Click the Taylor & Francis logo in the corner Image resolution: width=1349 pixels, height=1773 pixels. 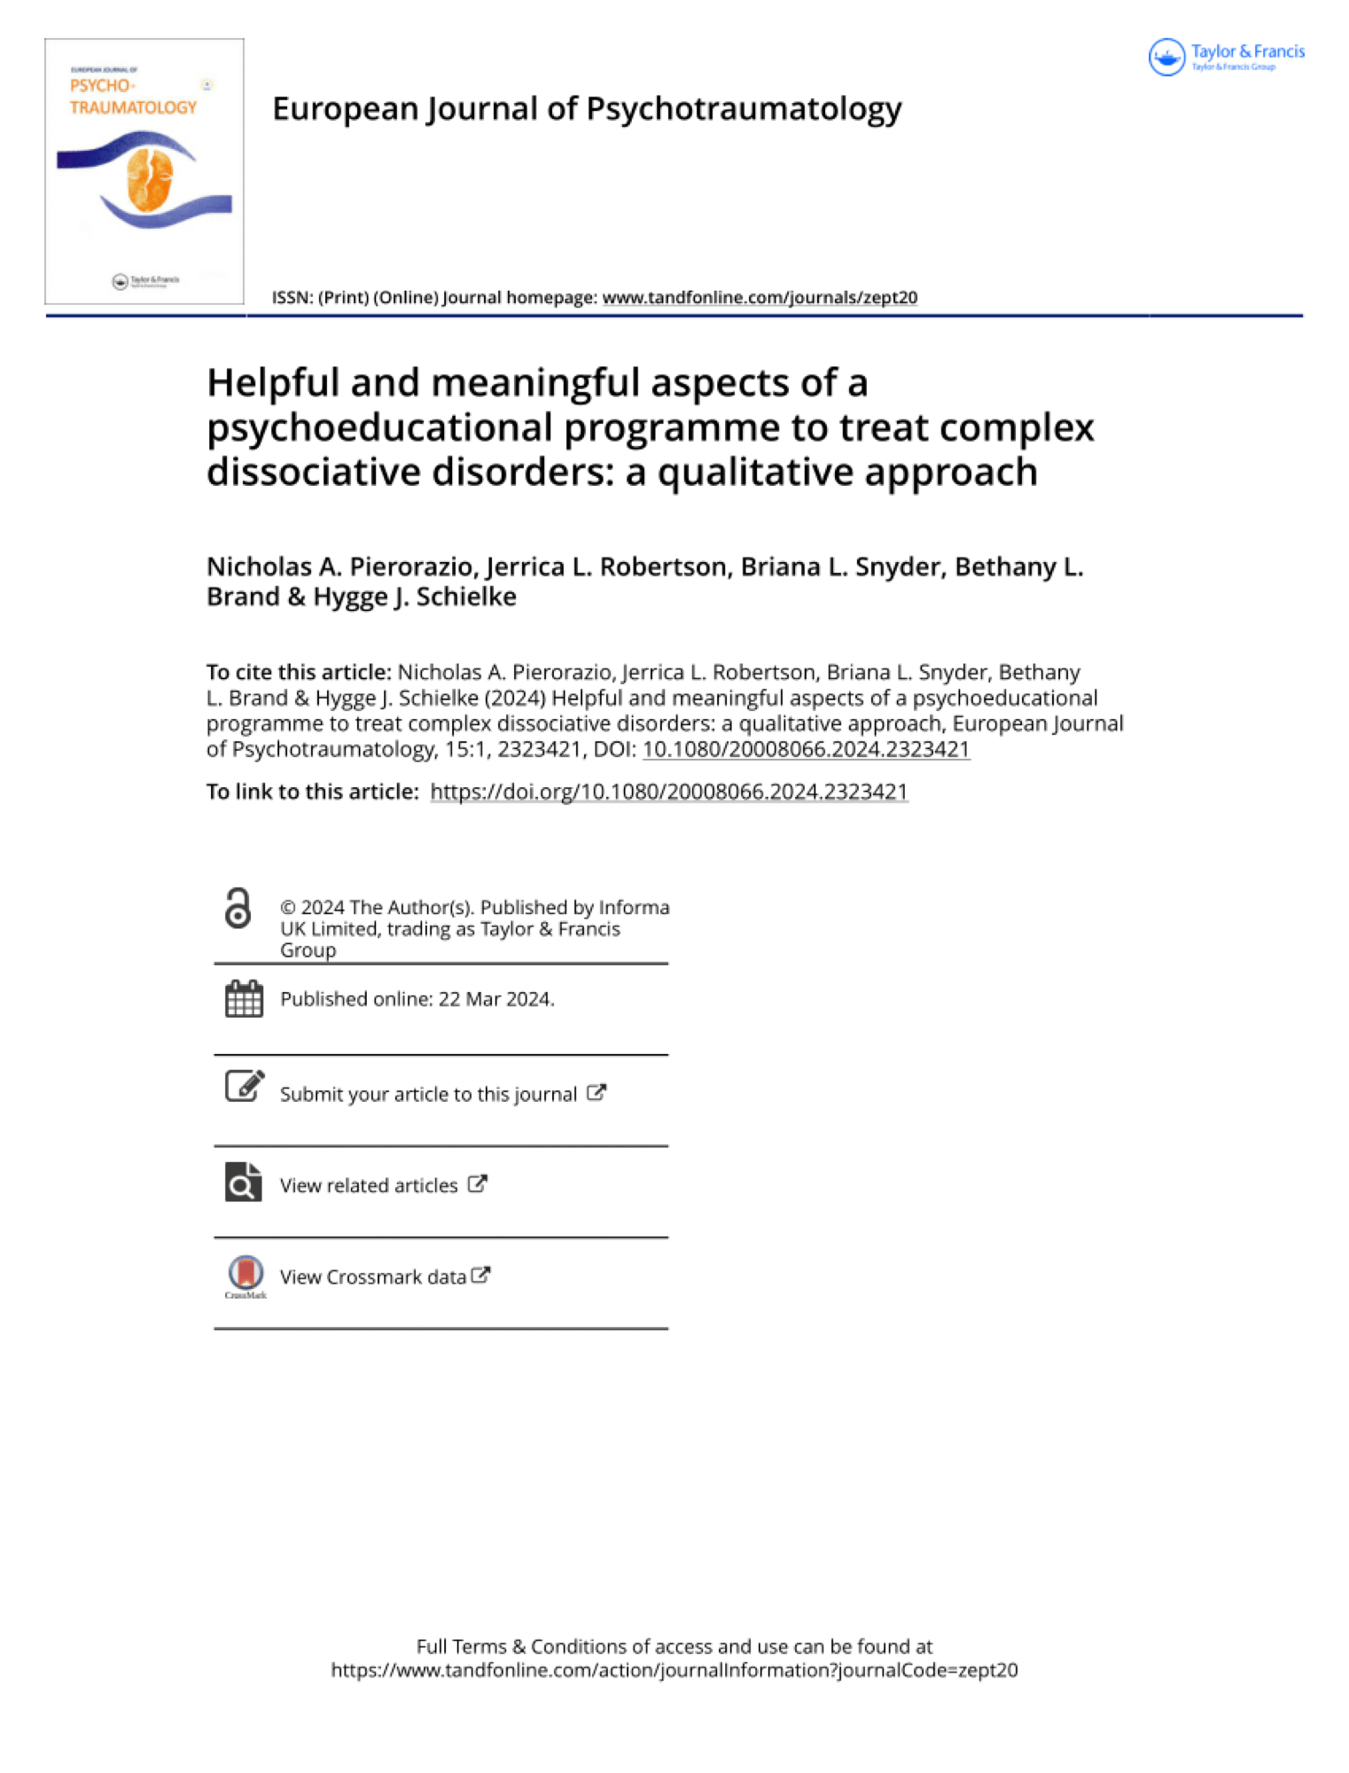point(1226,58)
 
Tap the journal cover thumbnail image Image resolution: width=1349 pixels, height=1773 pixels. point(144,171)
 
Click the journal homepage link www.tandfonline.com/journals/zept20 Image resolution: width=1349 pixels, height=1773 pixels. point(760,298)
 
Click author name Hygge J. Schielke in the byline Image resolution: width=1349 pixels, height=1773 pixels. point(415,597)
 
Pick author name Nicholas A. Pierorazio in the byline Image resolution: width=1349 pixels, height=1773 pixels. point(342,566)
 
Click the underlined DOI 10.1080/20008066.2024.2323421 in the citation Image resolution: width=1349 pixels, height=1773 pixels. point(806,749)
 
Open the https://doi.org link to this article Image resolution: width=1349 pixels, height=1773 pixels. point(669,792)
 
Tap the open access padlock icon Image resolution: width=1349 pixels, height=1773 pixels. point(238,910)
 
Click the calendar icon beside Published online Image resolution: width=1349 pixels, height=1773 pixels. point(244,999)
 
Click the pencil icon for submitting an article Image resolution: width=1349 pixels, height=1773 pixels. point(244,1087)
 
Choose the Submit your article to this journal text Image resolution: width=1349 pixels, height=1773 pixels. point(428,1095)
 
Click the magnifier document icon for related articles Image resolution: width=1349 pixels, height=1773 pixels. point(244,1182)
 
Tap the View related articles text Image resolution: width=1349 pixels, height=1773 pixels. point(369,1186)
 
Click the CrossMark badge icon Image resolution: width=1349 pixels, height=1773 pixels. point(246,1274)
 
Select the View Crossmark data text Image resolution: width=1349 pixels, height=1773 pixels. point(373,1277)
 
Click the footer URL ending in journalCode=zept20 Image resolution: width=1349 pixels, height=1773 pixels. point(674,1670)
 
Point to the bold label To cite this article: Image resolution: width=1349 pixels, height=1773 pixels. point(299,672)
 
